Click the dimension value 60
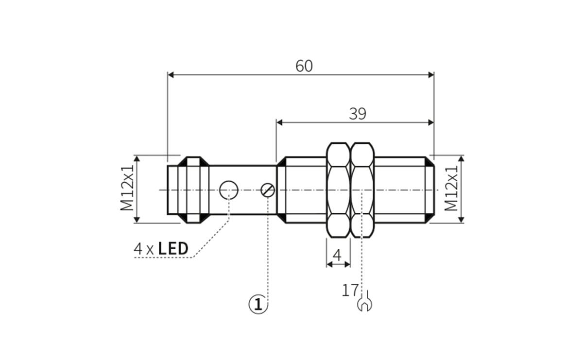(x=304, y=66)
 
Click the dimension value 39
(x=358, y=114)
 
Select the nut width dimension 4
(x=337, y=255)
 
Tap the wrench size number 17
(x=350, y=291)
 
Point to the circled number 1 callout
(x=258, y=304)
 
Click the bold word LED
(x=173, y=249)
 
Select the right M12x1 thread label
(x=452, y=189)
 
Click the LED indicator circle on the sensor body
(x=228, y=189)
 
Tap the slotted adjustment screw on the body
(x=268, y=190)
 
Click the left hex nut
(x=338, y=189)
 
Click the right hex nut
(x=362, y=189)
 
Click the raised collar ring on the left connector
(x=193, y=189)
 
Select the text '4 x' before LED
(x=144, y=249)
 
